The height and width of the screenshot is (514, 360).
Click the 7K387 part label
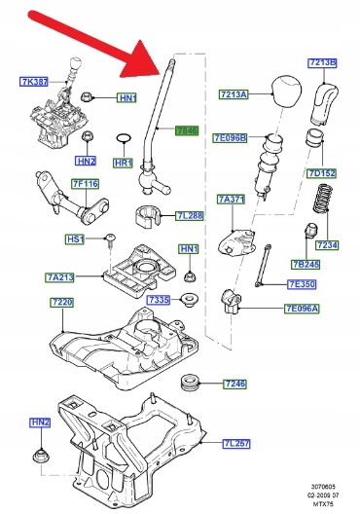pyautogui.click(x=34, y=82)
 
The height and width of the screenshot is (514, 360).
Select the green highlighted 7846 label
pyautogui.click(x=187, y=130)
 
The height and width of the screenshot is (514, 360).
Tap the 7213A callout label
pyautogui.click(x=234, y=94)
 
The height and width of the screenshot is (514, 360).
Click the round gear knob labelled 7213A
pyautogui.click(x=286, y=91)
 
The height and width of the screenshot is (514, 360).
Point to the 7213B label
pyautogui.click(x=323, y=63)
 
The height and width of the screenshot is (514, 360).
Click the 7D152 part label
pyautogui.click(x=322, y=173)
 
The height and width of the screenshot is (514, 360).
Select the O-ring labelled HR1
pyautogui.click(x=124, y=139)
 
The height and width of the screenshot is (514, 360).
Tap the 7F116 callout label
pyautogui.click(x=86, y=184)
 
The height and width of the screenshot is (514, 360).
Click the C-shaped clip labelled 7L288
pyautogui.click(x=147, y=216)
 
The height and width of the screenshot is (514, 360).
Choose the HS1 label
pyautogui.click(x=74, y=239)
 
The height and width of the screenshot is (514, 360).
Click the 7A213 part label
pyautogui.click(x=60, y=277)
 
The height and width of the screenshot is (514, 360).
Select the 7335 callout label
pyautogui.click(x=159, y=300)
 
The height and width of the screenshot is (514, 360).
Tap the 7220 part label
pyautogui.click(x=62, y=302)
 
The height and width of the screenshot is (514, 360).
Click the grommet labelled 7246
pyautogui.click(x=190, y=384)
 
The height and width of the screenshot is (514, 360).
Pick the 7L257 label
pyautogui.click(x=236, y=444)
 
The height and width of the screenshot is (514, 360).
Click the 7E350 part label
pyautogui.click(x=302, y=284)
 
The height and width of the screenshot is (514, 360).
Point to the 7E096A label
pyautogui.click(x=302, y=309)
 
